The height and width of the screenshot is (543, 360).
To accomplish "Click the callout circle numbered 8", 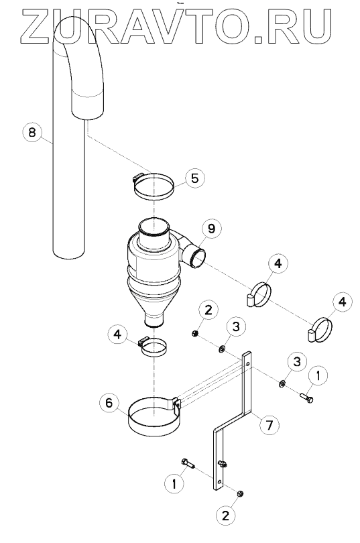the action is tap(32, 132).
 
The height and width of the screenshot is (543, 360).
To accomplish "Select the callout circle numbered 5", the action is tap(195, 178).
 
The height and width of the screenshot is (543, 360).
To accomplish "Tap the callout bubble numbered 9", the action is tap(211, 229).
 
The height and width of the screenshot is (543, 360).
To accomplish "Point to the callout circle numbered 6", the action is tap(109, 403).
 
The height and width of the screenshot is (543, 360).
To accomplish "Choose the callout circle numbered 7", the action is tap(269, 424).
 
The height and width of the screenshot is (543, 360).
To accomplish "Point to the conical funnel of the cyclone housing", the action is tap(154, 305).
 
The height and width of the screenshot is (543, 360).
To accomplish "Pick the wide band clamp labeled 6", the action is tap(154, 416).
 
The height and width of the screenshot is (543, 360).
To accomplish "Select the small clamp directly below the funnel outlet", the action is tap(153, 347).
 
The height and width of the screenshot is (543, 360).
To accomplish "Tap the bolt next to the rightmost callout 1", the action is tap(306, 398).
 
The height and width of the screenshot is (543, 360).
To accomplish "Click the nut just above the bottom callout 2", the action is tap(239, 493).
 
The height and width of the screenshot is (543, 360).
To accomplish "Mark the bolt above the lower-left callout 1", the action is tap(187, 463).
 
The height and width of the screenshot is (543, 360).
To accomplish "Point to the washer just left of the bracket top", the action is tap(221, 348).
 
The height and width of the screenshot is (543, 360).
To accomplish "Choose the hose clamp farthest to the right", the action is tap(320, 330).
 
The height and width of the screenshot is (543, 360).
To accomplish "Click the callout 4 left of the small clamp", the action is tap(118, 335).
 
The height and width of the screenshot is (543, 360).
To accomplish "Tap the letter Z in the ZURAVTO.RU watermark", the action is tap(36, 27).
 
